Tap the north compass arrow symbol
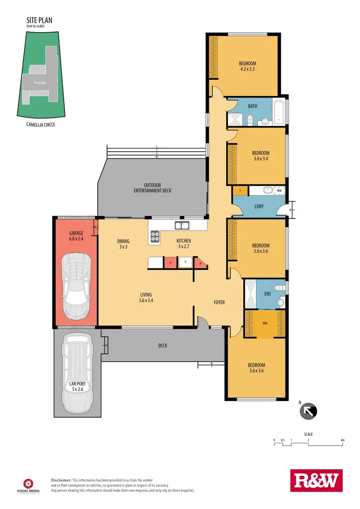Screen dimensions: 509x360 308,412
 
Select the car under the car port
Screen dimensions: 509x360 77,370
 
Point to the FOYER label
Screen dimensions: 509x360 219,303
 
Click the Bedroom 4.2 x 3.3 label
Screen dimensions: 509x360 247,67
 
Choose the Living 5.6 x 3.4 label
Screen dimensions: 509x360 146,298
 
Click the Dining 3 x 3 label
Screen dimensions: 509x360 123,244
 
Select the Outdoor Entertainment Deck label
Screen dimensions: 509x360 152,188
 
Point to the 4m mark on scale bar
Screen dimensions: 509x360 342,440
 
